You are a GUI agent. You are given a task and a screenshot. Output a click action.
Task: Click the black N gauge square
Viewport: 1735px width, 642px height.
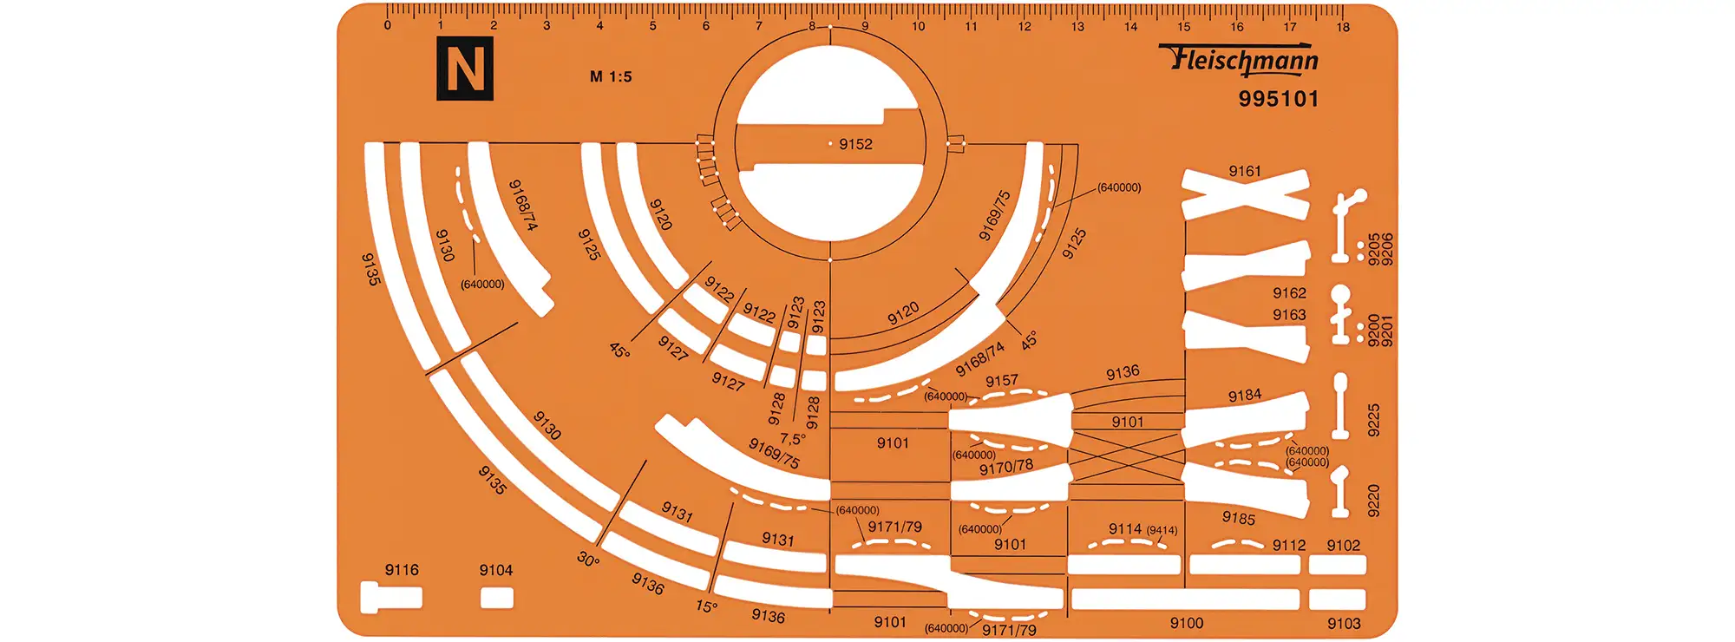[x=465, y=69]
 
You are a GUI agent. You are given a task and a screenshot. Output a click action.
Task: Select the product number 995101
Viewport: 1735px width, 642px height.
[x=1279, y=99]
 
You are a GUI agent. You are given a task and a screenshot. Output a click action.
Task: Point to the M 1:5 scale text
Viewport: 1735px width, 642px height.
[x=611, y=76]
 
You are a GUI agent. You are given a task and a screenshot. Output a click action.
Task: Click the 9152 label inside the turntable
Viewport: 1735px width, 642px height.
[x=855, y=144]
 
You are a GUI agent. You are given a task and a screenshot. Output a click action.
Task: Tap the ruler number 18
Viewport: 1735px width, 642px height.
[x=1343, y=27]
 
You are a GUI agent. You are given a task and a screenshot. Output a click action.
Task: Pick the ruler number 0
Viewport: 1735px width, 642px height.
[x=387, y=26]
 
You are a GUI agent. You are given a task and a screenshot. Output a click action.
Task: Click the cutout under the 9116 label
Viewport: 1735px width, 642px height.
[x=391, y=598]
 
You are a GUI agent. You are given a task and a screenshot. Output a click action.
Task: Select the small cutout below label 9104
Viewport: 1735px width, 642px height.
[x=497, y=598]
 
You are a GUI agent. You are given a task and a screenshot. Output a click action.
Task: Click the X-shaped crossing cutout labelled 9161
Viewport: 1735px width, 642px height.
[x=1246, y=195]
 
